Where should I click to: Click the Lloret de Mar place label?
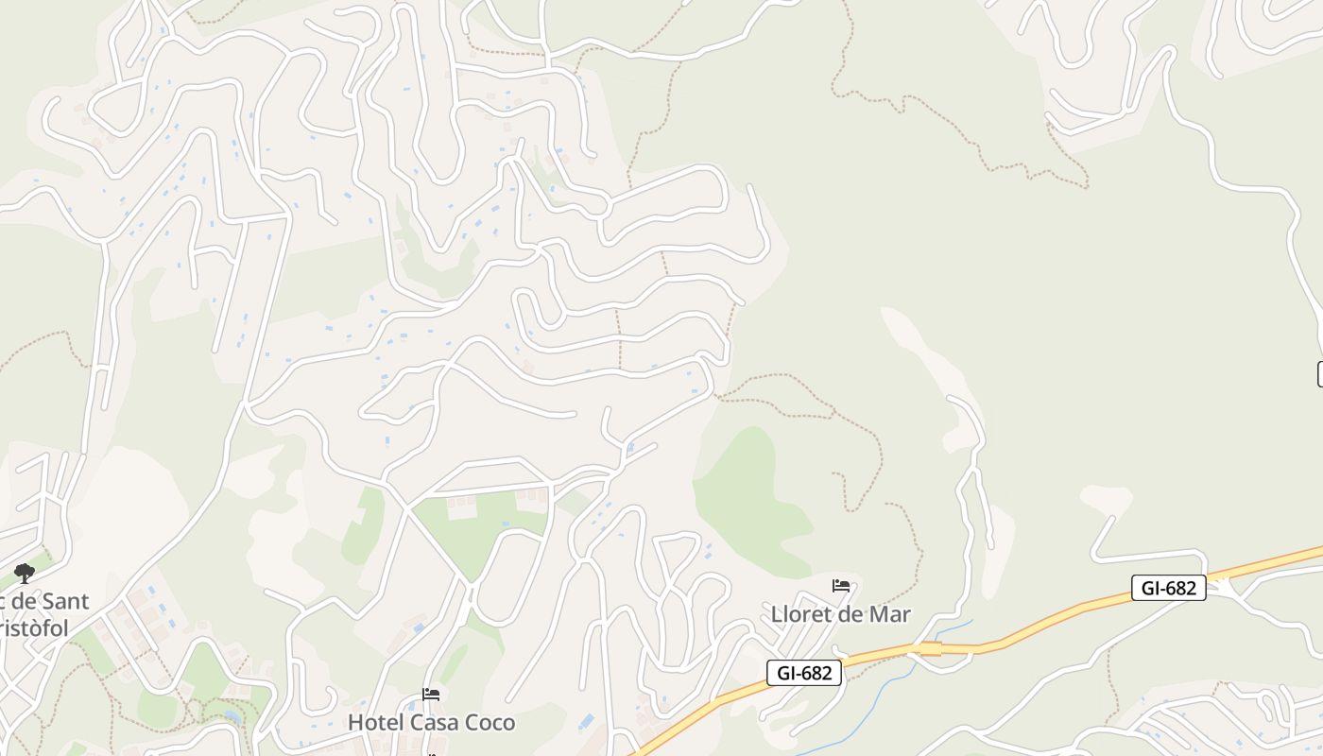click(840, 614)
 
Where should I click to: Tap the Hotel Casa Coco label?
click(432, 723)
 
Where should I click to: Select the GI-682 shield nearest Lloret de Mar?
click(803, 673)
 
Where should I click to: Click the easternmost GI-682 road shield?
click(1168, 588)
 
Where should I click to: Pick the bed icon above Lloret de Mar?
click(841, 586)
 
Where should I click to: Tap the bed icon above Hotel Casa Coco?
click(431, 695)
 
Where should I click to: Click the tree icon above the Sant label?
click(24, 573)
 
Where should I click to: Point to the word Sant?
click(59, 601)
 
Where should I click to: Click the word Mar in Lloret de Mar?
click(890, 614)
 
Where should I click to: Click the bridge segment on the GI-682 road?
click(930, 648)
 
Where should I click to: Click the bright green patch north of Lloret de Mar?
click(751, 501)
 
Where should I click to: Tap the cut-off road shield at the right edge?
click(1319, 373)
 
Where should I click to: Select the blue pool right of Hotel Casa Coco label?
click(586, 722)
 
